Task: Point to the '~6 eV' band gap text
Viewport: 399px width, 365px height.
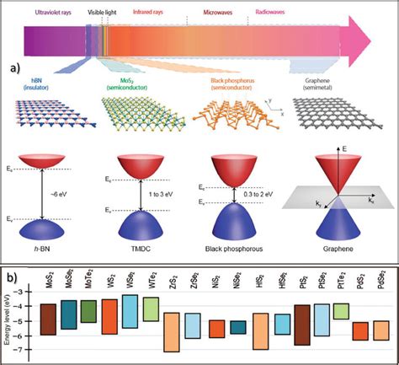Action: (x=68, y=194)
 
